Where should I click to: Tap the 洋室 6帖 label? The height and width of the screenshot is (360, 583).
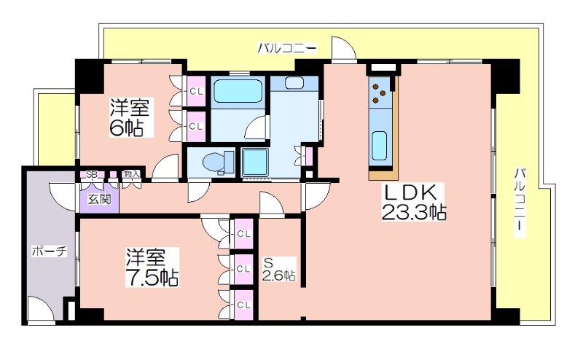[128, 117]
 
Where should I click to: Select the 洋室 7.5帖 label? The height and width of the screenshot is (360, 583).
[152, 267]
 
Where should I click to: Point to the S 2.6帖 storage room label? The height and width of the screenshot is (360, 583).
[279, 269]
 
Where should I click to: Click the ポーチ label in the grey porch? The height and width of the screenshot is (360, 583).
[50, 251]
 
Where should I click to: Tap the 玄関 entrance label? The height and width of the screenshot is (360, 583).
[100, 200]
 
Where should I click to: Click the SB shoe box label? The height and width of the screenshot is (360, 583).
[91, 174]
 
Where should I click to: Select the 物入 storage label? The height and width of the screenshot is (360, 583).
[132, 173]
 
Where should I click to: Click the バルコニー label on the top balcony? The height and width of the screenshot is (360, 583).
[287, 48]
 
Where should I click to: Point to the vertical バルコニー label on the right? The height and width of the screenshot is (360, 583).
[520, 203]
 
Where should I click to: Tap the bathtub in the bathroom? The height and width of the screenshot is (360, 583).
[238, 91]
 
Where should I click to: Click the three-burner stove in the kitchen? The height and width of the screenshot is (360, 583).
[379, 92]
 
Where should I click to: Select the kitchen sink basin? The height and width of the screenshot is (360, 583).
[379, 146]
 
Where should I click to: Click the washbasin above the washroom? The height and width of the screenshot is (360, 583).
[294, 83]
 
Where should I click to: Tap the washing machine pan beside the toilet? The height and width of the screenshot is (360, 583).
[255, 163]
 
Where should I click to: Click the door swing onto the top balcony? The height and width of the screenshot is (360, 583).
[344, 47]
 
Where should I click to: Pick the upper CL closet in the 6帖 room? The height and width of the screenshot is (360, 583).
[196, 91]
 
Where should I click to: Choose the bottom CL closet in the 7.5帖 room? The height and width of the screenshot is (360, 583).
[243, 305]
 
